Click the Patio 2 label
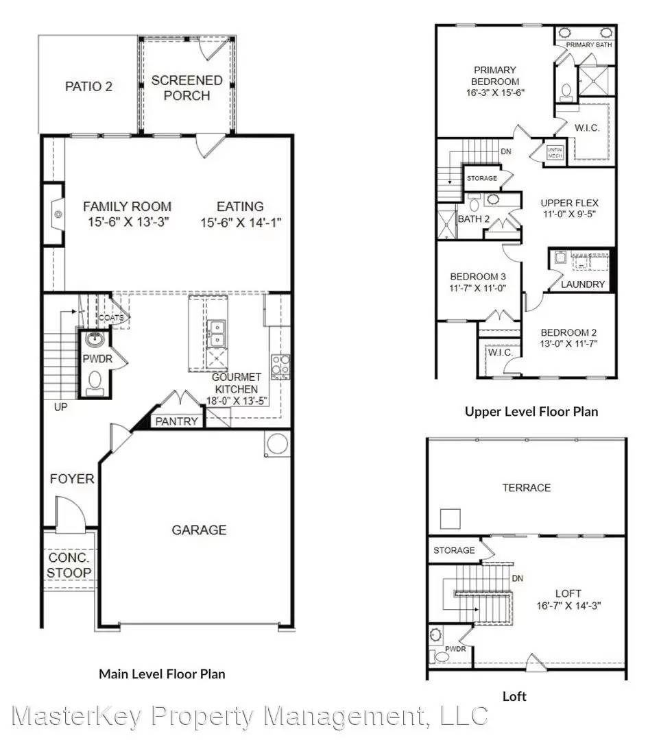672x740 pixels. coord(88,87)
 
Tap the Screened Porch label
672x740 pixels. coord(187,88)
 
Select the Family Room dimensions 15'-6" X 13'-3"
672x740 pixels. coord(127,222)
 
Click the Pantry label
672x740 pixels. coord(177,421)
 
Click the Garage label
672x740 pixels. coord(199,530)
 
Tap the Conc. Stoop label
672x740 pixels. coord(69,565)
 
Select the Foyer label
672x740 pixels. coord(72,479)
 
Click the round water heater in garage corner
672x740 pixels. coord(277,444)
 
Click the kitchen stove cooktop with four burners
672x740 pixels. coord(280,367)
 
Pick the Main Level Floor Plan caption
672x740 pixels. coord(162,674)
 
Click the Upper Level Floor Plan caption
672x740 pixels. coord(531,412)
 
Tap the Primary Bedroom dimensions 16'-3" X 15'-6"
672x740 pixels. coord(495,92)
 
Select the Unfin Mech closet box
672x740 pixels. coord(554,153)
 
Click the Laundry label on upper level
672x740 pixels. coord(583,284)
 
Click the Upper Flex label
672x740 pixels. coord(569,203)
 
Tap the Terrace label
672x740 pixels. coord(526,488)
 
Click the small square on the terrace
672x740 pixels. coord(450,519)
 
